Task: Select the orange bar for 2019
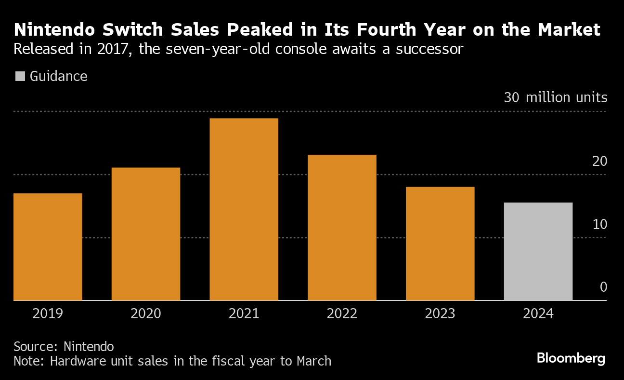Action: coord(48,246)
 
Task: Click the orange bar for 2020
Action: coord(146,234)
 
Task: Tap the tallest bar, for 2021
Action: coord(244,209)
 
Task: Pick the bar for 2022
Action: coord(342,227)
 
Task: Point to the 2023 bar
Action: coord(440,244)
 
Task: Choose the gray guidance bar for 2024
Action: coord(538,251)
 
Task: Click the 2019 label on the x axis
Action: coord(48,314)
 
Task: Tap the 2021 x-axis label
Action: coord(244,314)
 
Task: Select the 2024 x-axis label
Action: coord(538,314)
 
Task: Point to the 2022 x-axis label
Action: coord(342,314)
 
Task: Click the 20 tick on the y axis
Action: coord(599,162)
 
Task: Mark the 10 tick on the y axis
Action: coord(599,225)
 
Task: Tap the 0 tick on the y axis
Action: coord(603,287)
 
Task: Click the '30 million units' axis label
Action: coord(556,97)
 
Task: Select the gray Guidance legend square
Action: coord(20,76)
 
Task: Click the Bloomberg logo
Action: coord(571,358)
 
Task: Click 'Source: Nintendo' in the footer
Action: coord(64,346)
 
